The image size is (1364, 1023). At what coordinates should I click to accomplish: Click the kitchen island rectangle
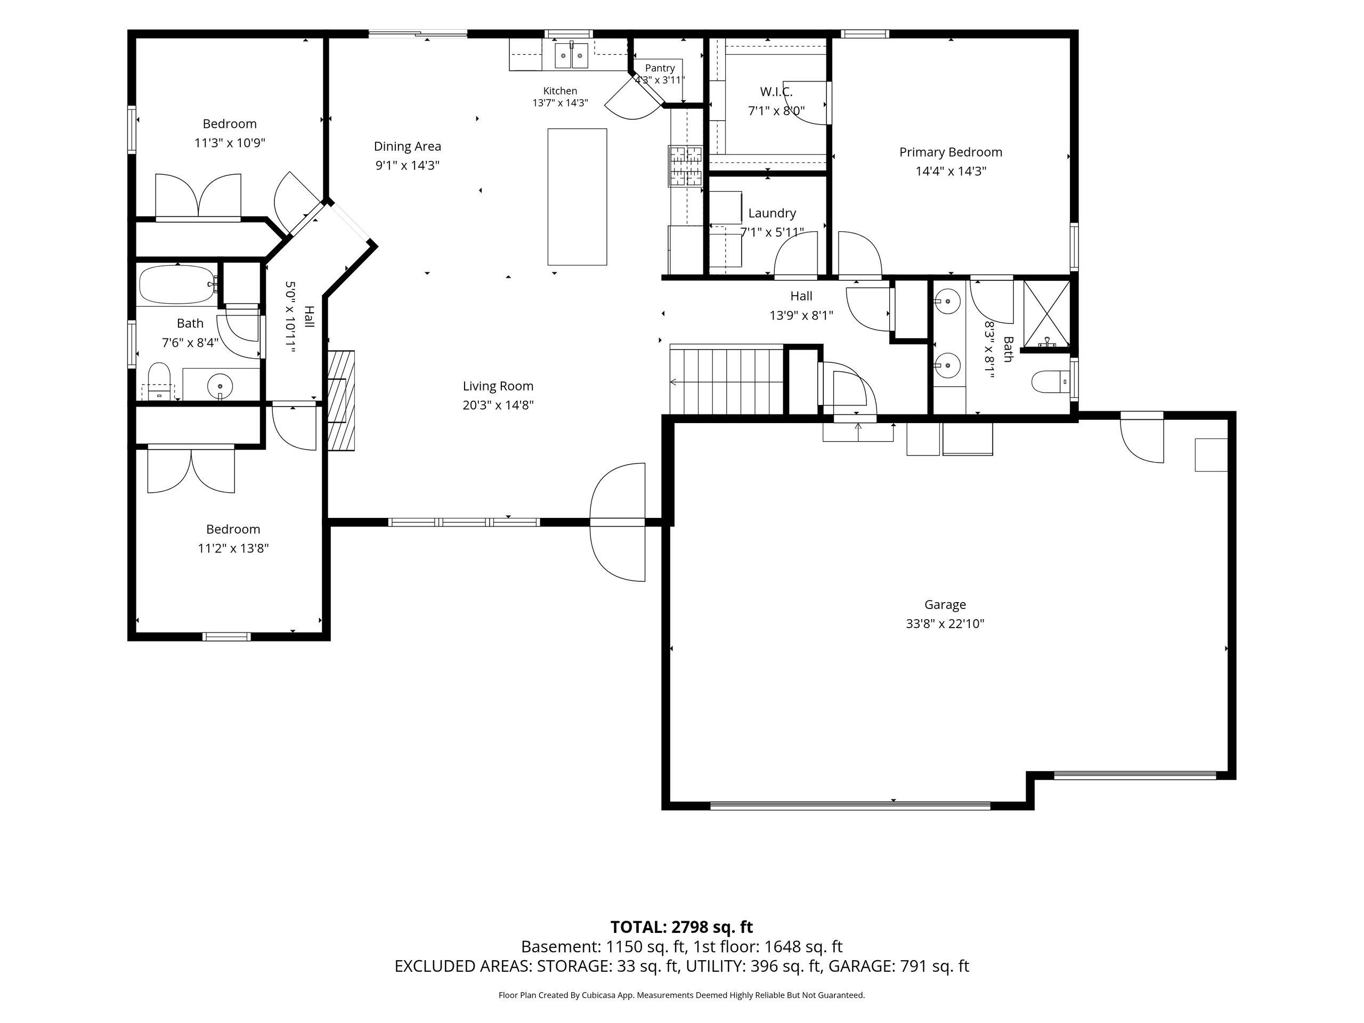point(577,197)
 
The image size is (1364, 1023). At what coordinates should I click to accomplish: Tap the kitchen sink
point(572,55)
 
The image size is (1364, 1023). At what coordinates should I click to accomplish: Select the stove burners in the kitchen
point(685,166)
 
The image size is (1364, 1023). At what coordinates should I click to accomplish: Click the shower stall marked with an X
point(1046,313)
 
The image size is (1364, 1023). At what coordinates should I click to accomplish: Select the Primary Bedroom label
point(950,152)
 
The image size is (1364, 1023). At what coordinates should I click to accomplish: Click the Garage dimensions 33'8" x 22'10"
point(945,623)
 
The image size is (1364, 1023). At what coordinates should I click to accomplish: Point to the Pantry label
point(660,68)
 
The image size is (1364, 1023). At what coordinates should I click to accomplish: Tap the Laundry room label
point(772,213)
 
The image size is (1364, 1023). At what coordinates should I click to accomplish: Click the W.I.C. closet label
point(776,92)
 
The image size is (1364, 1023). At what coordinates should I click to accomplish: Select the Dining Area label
point(408,147)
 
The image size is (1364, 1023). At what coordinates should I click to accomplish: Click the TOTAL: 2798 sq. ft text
point(681,927)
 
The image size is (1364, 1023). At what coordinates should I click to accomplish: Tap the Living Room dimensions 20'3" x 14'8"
point(498,405)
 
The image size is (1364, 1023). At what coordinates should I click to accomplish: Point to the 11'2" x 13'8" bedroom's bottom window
point(227,636)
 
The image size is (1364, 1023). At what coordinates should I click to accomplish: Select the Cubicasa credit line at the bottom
point(681,995)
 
